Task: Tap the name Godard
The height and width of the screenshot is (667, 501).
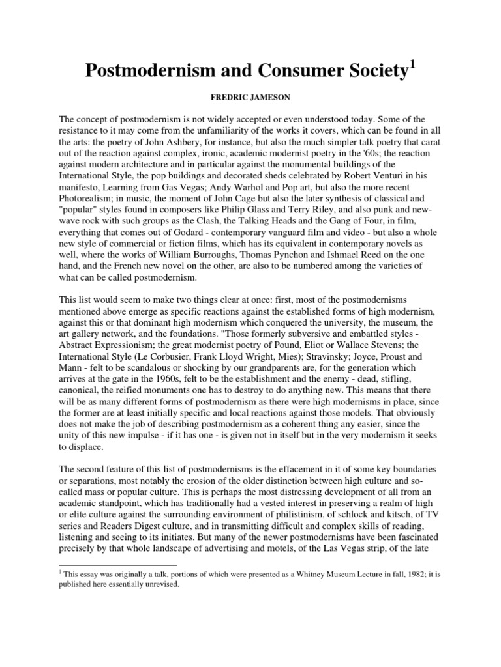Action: (190, 240)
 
